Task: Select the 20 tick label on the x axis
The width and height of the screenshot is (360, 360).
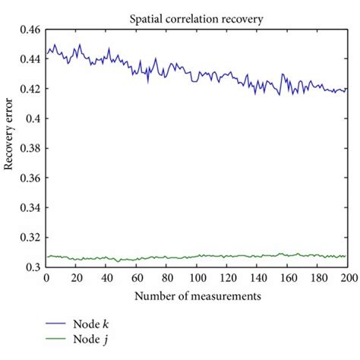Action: tap(77, 277)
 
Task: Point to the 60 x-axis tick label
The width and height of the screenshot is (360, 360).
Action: tap(137, 277)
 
